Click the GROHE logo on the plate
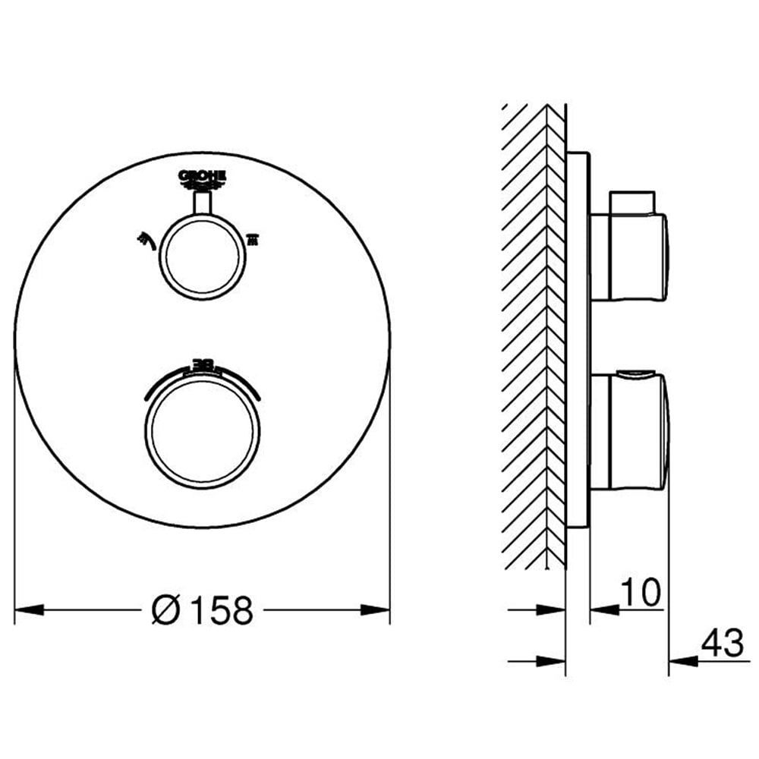coord(203,179)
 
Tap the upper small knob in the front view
coord(203,255)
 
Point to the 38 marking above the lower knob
coord(203,366)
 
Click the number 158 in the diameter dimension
coord(221,610)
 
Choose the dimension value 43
coord(722,644)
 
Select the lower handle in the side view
coord(629,431)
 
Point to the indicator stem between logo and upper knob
coord(203,203)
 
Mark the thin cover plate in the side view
coord(578,342)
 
